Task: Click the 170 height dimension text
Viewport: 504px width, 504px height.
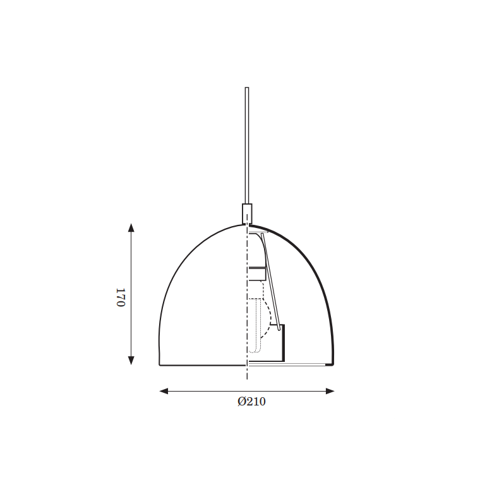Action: [120, 297]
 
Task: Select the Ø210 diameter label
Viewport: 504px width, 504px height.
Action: [251, 402]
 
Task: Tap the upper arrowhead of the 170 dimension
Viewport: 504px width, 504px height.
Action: [131, 227]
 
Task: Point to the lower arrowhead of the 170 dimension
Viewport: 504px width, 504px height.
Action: [131, 361]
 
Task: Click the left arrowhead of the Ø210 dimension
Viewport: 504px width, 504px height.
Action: [164, 391]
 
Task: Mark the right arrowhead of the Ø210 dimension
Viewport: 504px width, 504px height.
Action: [330, 391]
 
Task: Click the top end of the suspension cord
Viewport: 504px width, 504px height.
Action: [247, 87]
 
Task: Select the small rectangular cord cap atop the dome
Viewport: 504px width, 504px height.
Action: [247, 213]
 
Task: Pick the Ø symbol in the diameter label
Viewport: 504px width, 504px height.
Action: [242, 402]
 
